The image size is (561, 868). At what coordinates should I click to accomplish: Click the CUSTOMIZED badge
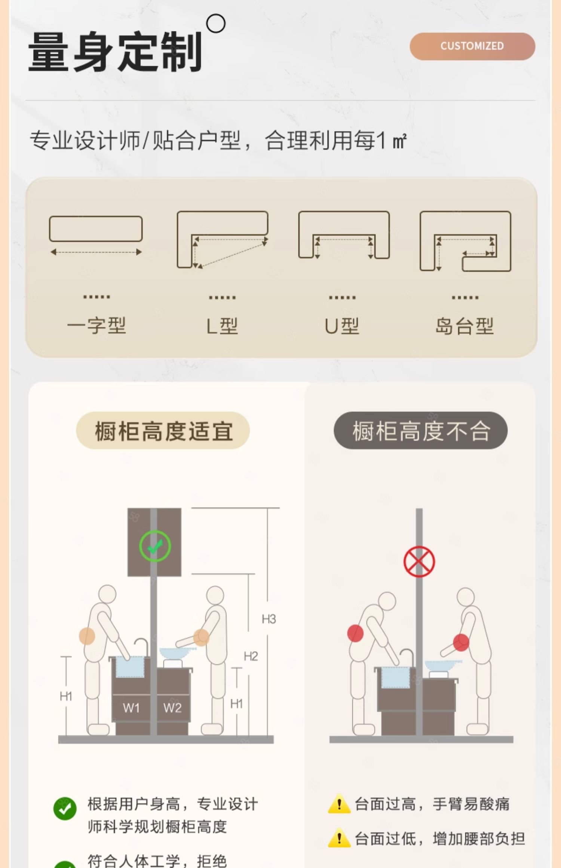(x=472, y=46)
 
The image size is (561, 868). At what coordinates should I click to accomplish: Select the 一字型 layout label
(x=96, y=326)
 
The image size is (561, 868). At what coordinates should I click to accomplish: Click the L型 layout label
(x=222, y=326)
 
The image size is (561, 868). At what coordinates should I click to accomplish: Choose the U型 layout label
(x=342, y=326)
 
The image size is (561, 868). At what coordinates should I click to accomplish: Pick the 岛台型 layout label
(x=465, y=326)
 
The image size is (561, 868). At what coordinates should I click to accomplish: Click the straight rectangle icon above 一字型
(x=96, y=229)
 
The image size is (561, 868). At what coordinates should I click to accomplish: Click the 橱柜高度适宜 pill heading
(x=163, y=430)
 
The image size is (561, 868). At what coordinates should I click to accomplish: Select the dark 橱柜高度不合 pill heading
(x=420, y=430)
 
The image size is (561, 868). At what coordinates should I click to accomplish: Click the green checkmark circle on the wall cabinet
(x=155, y=546)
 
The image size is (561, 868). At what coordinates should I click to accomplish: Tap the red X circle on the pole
(x=419, y=561)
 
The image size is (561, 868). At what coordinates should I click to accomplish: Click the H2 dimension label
(x=251, y=656)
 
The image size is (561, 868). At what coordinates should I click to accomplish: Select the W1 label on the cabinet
(x=131, y=708)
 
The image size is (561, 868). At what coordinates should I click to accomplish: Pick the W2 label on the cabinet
(x=172, y=708)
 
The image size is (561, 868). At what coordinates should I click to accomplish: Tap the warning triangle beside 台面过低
(x=339, y=838)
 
